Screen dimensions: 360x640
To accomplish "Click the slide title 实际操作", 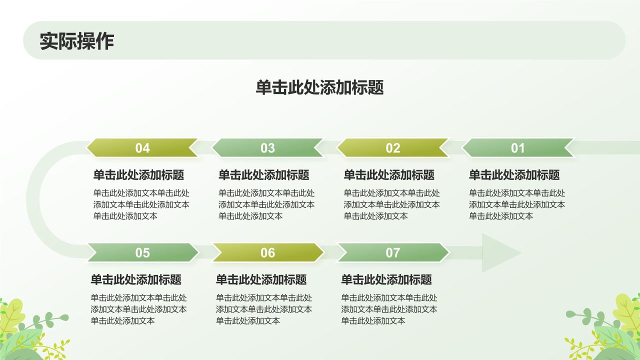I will click(77, 41).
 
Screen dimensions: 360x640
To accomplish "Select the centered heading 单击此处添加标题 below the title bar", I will click(320, 87).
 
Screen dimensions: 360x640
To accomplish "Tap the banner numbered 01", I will click(518, 148).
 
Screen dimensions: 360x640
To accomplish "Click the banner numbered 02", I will click(393, 148).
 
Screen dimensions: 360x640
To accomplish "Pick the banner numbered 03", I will click(267, 148).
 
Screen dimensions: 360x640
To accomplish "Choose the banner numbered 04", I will click(142, 148).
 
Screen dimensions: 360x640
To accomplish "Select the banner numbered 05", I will click(142, 253).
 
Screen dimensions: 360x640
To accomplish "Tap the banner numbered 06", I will click(267, 253).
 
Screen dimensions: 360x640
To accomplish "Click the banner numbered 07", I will click(393, 253).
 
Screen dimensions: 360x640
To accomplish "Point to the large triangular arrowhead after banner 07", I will click(497, 252).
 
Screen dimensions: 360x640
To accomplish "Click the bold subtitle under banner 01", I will click(514, 175).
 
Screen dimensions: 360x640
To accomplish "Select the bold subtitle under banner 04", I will click(138, 175).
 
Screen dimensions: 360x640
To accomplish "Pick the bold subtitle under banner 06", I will click(261, 279).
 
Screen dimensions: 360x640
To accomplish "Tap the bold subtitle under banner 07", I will click(386, 279).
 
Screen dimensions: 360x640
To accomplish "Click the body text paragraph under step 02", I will click(391, 204).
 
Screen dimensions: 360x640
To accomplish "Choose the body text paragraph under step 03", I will click(266, 204).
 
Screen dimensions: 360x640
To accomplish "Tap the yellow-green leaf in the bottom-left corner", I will click(11, 315).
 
